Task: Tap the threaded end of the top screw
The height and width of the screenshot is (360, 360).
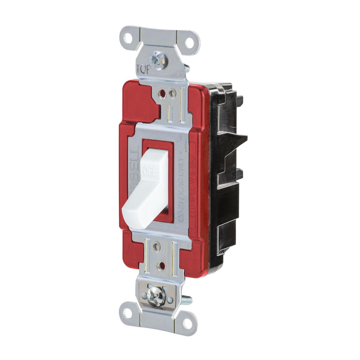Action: coord(186,68)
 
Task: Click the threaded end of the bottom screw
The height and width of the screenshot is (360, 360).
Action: coord(186,300)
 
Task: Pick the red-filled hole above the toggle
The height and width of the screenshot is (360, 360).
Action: coord(163,94)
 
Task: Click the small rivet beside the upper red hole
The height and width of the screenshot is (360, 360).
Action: coord(172,93)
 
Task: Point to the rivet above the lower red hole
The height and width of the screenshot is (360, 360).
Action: coord(157,246)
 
